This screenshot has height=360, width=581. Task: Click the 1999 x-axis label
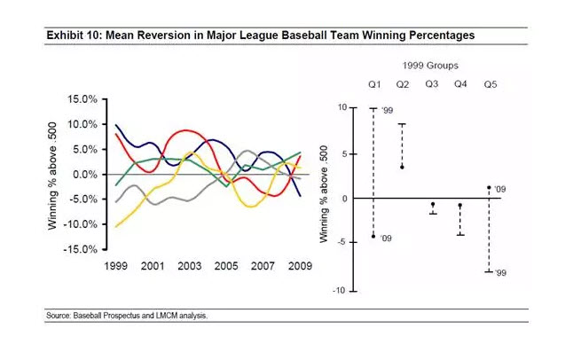point(117,265)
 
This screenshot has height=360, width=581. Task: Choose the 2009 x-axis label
point(299,265)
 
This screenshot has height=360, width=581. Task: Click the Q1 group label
point(373,84)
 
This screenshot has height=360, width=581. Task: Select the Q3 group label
point(431,84)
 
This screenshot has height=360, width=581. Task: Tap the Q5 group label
point(490,84)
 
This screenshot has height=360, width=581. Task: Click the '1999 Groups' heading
point(432,66)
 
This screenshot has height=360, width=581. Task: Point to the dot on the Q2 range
point(403,167)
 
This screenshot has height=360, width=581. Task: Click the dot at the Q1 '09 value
point(373,237)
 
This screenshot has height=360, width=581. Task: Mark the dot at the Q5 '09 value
point(490,187)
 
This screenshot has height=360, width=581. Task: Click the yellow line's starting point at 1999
point(116,227)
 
